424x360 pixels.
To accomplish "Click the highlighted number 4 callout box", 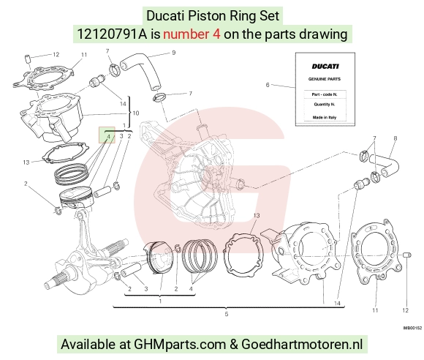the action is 107,135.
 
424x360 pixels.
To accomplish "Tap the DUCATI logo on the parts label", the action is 325,67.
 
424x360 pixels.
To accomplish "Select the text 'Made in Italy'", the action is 325,118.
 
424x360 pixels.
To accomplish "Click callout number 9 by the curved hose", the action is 173,53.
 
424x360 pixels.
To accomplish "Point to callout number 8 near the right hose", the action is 395,138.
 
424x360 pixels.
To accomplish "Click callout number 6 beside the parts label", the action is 268,85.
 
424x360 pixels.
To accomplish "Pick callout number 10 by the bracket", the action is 136,113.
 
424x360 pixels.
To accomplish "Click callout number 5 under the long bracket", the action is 227,314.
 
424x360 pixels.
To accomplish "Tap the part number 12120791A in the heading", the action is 112,34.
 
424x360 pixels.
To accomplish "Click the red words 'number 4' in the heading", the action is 192,34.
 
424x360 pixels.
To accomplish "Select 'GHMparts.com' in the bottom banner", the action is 180,345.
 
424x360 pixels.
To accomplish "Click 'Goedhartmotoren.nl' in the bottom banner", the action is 302,345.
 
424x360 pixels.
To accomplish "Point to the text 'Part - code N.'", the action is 325,94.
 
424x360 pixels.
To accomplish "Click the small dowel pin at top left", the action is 28,59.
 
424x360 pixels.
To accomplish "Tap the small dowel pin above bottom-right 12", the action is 407,255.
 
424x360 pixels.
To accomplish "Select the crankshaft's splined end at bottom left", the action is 53,282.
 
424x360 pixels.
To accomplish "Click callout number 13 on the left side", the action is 26,162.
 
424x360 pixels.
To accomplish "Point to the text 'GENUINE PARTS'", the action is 325,79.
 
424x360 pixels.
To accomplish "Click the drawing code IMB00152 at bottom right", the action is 412,328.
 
